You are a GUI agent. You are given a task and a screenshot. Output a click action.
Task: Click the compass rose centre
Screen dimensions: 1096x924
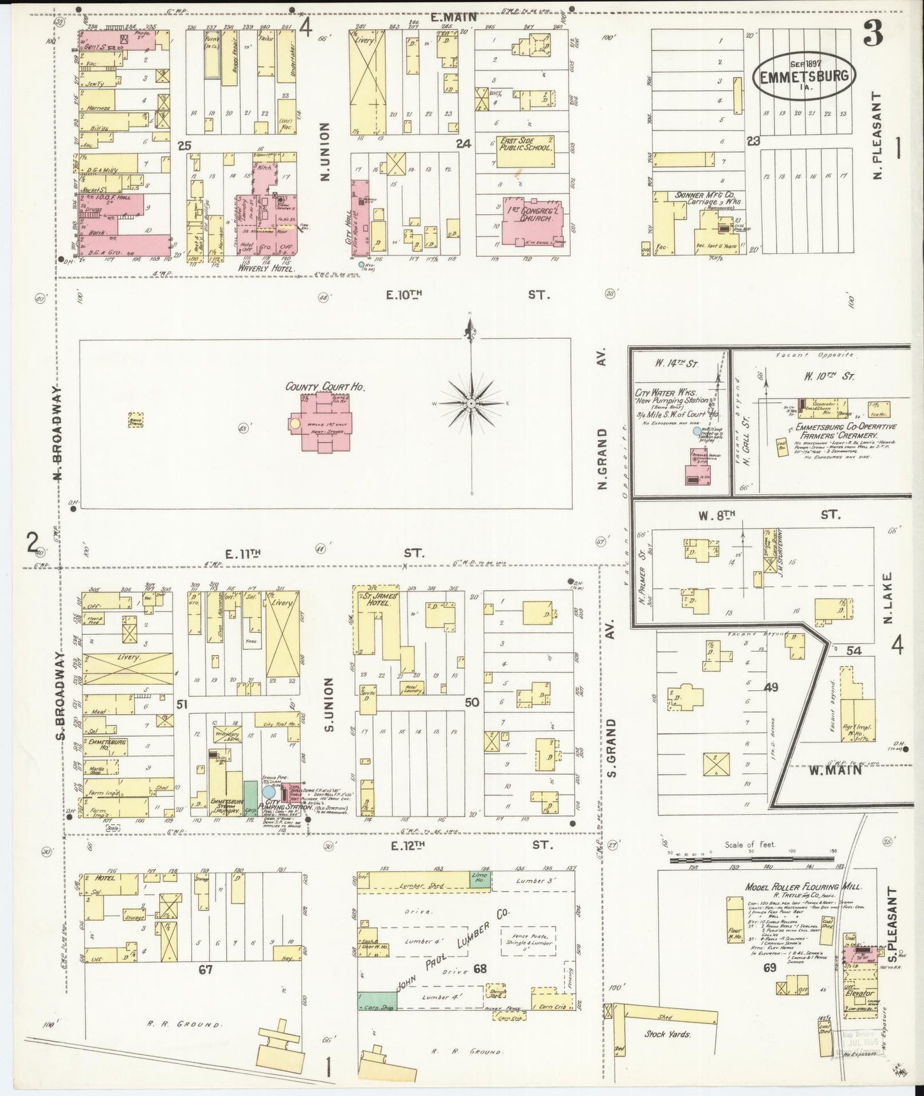(471, 404)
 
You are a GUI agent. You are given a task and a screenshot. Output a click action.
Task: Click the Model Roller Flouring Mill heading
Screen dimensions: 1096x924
(803, 887)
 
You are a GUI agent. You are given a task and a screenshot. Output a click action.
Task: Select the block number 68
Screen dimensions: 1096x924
(480, 969)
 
